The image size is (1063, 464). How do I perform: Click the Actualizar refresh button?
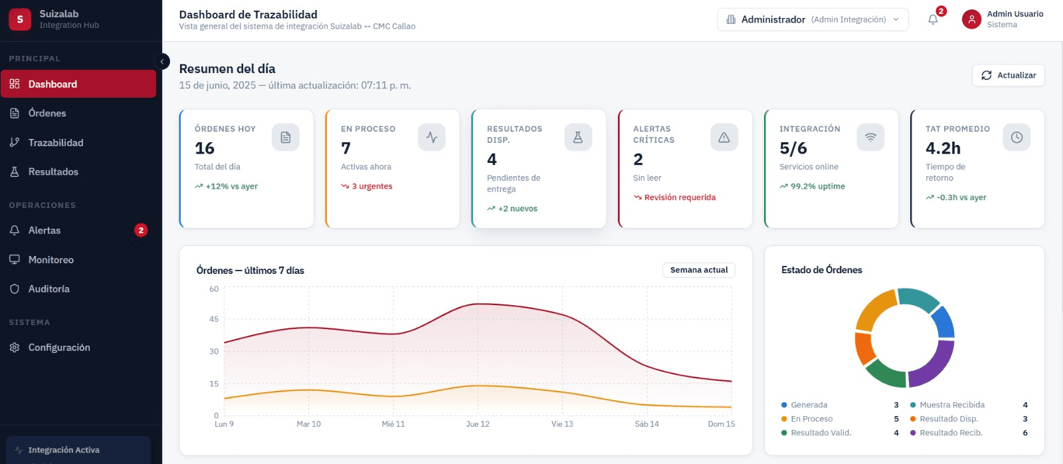click(1008, 75)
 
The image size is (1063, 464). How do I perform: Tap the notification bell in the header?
click(933, 19)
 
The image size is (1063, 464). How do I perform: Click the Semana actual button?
click(698, 270)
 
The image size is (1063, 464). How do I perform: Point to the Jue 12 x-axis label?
click(478, 423)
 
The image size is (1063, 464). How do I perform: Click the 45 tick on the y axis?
click(214, 318)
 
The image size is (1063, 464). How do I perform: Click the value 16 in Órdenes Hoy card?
click(205, 148)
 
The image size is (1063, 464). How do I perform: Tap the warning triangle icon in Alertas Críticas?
click(724, 137)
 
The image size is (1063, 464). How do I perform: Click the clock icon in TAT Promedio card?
click(1016, 137)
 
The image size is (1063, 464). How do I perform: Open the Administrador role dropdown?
click(813, 19)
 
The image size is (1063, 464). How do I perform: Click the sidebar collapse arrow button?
click(162, 61)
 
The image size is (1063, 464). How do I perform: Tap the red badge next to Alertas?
click(140, 230)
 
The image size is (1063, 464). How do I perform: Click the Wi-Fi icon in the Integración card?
click(870, 137)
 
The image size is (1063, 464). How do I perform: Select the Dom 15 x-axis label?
click(722, 423)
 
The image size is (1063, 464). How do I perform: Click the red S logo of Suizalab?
click(20, 19)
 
